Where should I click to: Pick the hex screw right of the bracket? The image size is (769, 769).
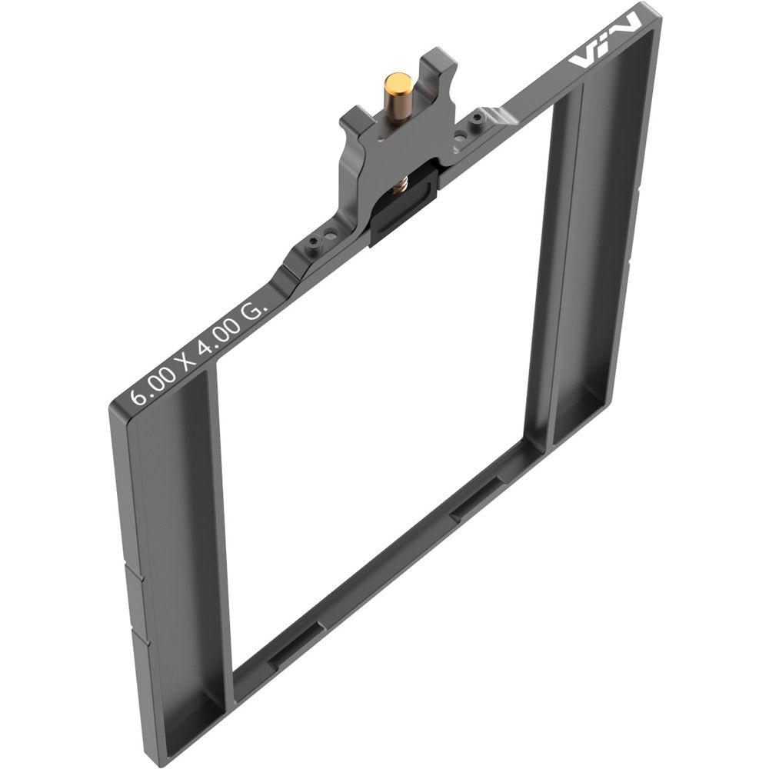(x=478, y=118)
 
